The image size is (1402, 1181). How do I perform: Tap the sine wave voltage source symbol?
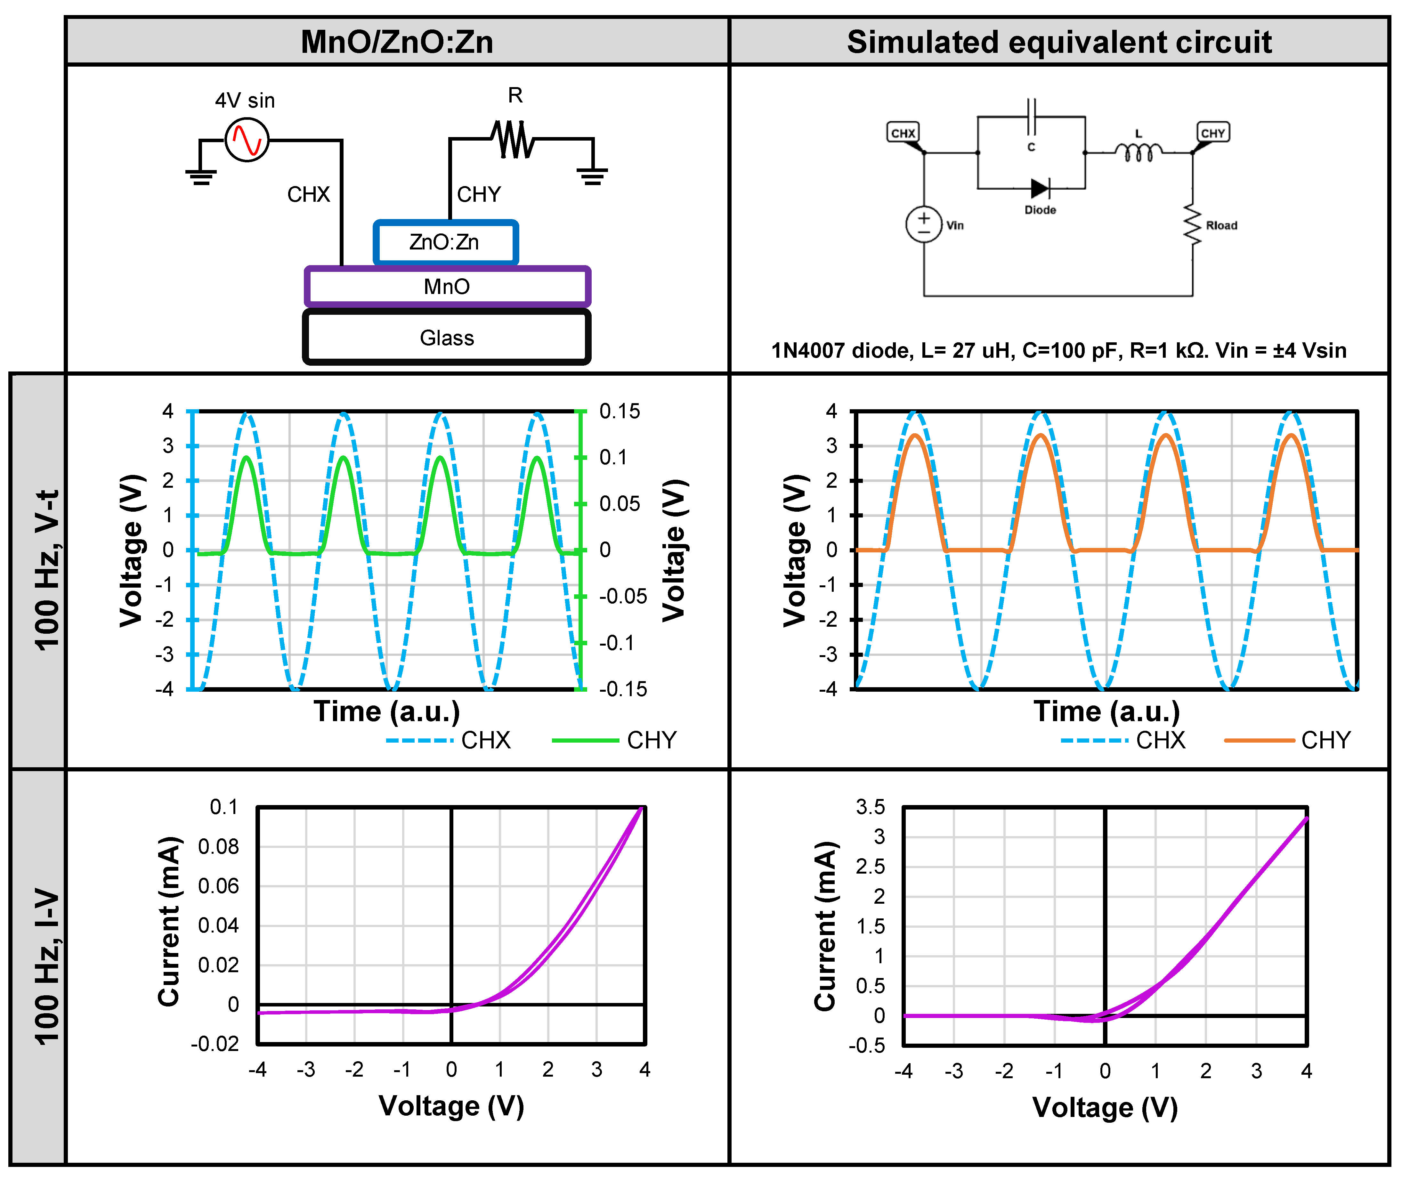click(x=247, y=140)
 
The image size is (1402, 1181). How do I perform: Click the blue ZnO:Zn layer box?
click(x=445, y=242)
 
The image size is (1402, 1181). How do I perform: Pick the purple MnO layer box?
click(x=447, y=287)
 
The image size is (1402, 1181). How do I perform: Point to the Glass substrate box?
click(x=447, y=338)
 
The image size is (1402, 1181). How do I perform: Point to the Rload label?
click(x=1221, y=226)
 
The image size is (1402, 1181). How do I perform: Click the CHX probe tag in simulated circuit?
click(x=903, y=133)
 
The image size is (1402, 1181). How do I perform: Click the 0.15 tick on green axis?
click(x=619, y=411)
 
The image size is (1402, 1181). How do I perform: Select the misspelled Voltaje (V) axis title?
click(x=675, y=550)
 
